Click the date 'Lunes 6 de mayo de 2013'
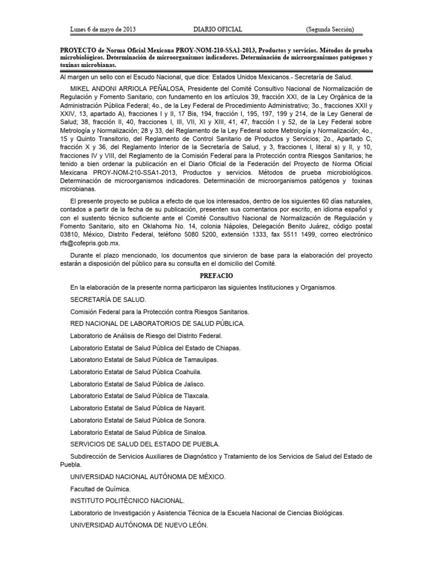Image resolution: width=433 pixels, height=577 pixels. point(103,29)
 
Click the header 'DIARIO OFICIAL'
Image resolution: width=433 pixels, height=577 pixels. point(217,29)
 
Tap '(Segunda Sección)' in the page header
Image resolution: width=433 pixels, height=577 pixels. point(330,29)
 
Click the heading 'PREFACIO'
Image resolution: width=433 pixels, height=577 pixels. point(216,275)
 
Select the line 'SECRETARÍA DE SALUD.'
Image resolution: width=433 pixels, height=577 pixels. point(108,299)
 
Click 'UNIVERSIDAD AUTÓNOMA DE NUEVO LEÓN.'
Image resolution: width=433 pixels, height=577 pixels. point(139,525)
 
